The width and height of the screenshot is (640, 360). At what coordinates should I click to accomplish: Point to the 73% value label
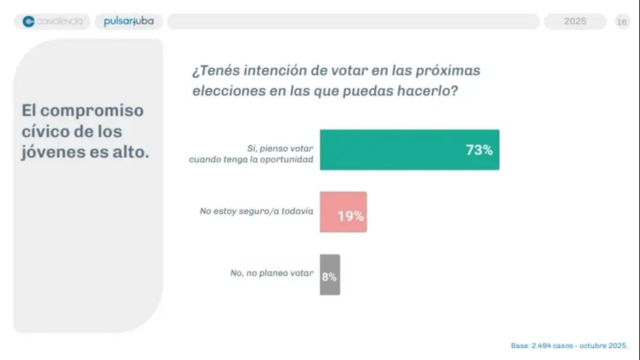click(x=479, y=150)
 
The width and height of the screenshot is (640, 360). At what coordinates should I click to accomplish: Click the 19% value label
click(x=351, y=216)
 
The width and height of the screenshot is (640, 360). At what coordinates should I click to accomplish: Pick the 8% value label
click(x=329, y=277)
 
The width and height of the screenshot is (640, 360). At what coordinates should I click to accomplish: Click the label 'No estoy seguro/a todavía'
click(x=256, y=211)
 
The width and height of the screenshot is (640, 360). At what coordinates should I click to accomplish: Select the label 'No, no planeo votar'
click(x=272, y=273)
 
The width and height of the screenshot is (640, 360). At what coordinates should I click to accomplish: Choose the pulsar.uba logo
click(x=129, y=22)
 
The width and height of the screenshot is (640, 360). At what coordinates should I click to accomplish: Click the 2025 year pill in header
click(x=575, y=22)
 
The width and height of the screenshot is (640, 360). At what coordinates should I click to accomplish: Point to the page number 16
click(x=622, y=22)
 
